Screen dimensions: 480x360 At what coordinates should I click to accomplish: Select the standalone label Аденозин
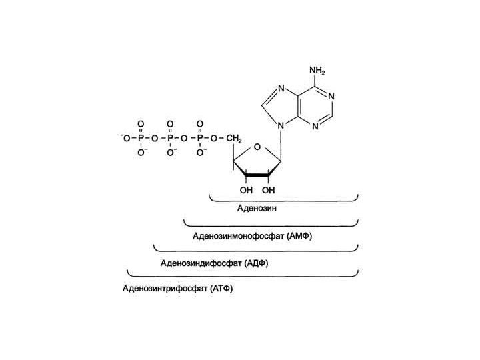(257, 208)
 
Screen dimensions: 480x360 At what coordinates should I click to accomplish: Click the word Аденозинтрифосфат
(165, 289)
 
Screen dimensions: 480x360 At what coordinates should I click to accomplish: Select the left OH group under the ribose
(246, 190)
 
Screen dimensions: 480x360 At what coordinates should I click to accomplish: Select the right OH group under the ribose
(269, 190)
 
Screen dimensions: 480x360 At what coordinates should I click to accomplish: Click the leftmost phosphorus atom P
(141, 138)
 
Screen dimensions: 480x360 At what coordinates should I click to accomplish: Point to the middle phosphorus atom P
(170, 138)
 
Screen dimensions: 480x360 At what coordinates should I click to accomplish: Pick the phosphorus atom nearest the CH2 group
(199, 138)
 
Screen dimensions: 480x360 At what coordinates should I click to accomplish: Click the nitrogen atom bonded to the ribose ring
(282, 123)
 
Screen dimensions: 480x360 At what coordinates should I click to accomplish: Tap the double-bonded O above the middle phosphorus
(170, 124)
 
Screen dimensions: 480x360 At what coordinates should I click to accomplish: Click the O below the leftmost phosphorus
(141, 153)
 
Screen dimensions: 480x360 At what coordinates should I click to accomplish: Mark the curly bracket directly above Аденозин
(284, 198)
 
